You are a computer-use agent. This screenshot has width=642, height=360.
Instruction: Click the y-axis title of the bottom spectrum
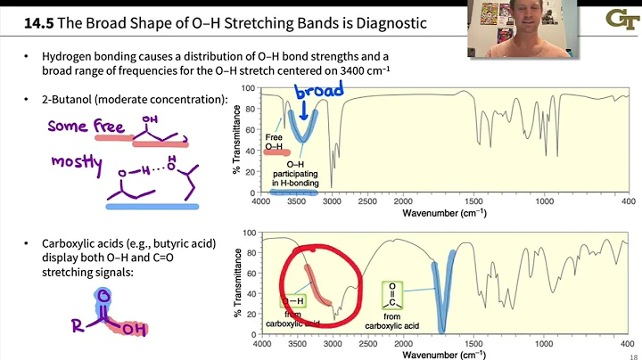[238, 280]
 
